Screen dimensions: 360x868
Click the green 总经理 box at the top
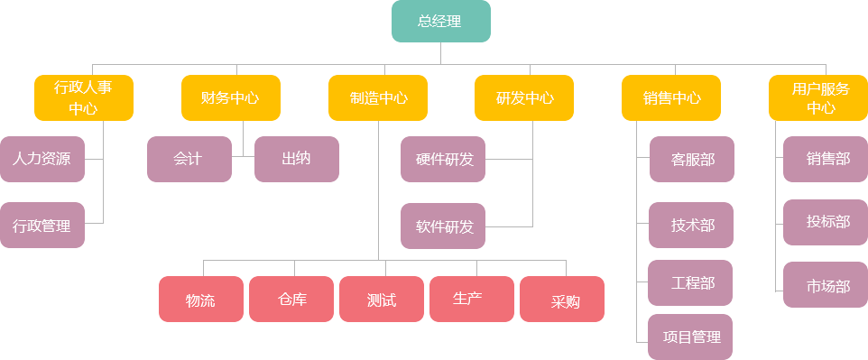pos(440,22)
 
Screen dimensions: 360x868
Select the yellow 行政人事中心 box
pos(83,97)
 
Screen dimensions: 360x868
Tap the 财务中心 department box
pos(230,97)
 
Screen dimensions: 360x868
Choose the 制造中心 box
pos(377,97)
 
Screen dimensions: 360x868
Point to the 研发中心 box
pos(524,97)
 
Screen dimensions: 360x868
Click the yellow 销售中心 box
pos(671,97)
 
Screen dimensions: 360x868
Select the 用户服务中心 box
pos(817,97)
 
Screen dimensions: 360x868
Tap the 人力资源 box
pos(42,159)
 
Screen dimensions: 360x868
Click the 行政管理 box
pos(42,225)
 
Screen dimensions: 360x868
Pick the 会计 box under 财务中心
pos(189,159)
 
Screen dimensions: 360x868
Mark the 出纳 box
pos(296,159)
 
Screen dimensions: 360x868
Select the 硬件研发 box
pos(443,159)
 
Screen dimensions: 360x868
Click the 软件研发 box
pos(443,226)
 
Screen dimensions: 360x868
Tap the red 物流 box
pos(200,299)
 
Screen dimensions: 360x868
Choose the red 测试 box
pos(381,299)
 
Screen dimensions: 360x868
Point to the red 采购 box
pos(562,299)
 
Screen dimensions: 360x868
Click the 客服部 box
pos(691,159)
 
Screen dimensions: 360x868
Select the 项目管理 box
pos(691,337)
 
